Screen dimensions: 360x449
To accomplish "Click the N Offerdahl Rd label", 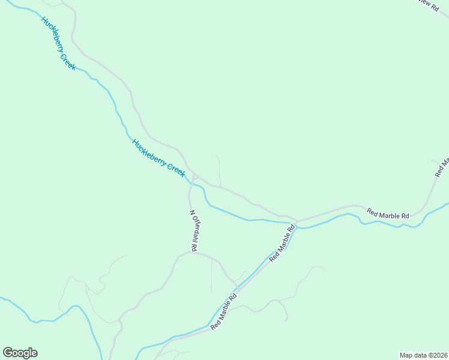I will pos(194,230).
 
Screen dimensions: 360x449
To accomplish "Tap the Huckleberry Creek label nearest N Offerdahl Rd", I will pos(158,158).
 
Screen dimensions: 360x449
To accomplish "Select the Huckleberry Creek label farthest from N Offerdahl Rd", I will pos(58,43).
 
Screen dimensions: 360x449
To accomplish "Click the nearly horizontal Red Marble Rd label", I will pos(388,214).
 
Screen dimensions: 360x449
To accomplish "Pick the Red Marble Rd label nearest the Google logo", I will pos(224,310).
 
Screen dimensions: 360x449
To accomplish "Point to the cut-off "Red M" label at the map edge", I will pos(441,167).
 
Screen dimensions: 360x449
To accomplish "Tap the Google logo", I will pos(20,353).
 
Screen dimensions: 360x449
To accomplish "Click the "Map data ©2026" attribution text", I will pos(423,355).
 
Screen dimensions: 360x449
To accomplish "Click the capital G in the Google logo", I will pos(8,353).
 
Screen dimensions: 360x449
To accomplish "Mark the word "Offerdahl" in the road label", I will pos(194,227).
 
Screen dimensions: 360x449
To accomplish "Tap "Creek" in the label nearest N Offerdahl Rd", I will pos(175,169).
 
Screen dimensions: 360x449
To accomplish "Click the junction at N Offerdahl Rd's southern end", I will pos(191,252).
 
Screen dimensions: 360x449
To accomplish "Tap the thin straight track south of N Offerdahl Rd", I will pos(211,276).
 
